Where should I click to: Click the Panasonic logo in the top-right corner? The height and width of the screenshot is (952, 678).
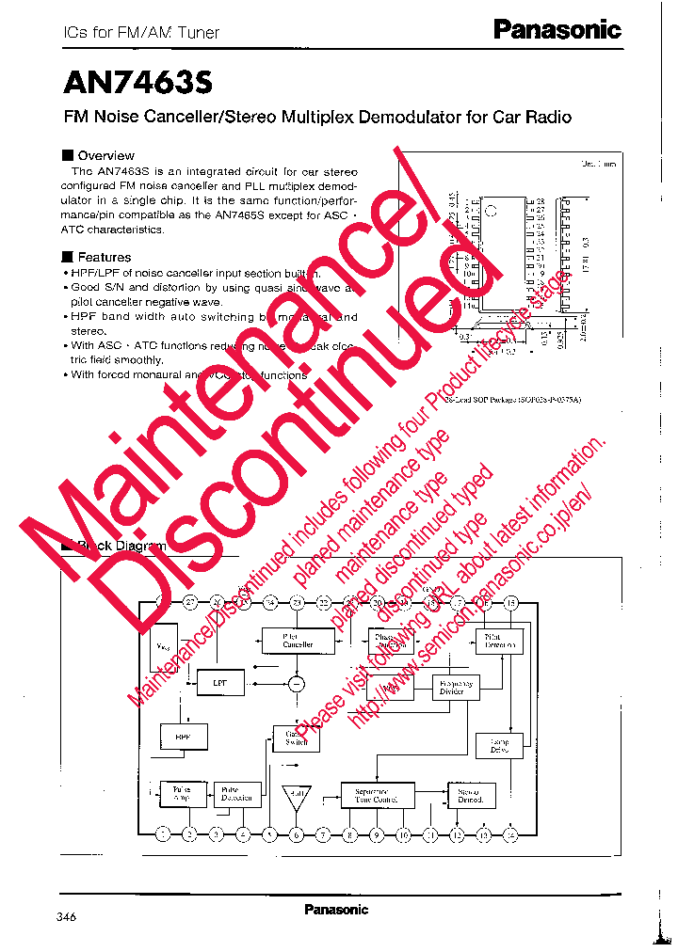557,30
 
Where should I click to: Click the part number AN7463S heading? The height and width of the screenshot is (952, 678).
138,83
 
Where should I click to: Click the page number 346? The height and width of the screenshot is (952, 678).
66,917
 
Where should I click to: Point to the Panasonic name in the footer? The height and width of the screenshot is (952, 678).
336,910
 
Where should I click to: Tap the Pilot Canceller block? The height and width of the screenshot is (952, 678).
298,642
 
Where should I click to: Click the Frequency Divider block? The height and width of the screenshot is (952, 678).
453,688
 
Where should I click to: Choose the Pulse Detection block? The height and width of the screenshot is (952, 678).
235,794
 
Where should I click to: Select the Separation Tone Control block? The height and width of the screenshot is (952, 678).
377,795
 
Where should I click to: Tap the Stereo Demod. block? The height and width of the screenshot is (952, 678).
470,795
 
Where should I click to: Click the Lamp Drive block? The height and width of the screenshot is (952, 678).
500,746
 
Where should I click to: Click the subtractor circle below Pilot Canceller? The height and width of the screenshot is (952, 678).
298,684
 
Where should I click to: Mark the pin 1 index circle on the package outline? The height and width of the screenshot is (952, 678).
489,209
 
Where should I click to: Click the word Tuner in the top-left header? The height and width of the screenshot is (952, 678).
198,32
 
